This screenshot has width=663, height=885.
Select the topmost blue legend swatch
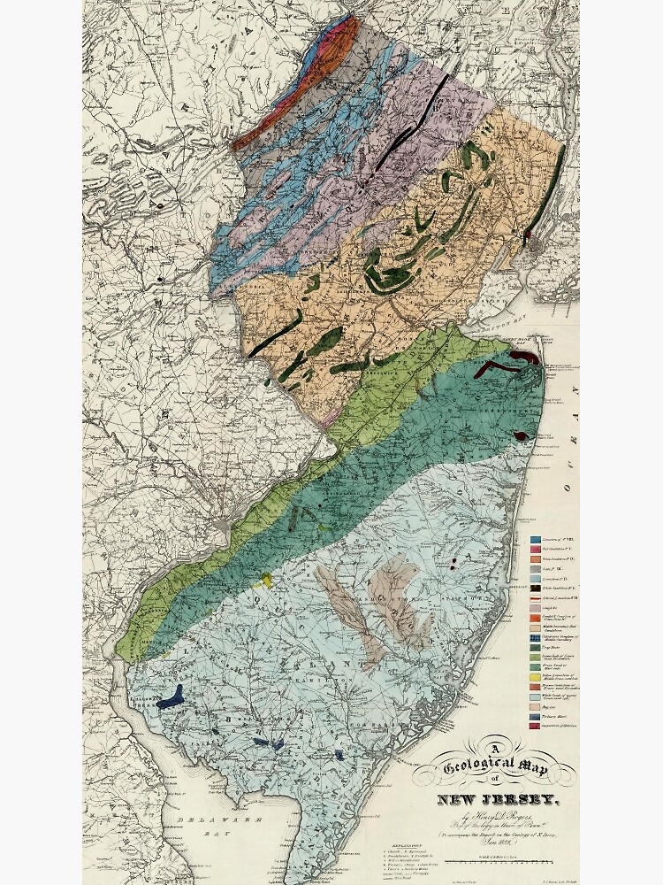pyautogui.click(x=536, y=538)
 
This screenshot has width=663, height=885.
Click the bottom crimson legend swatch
pyautogui.click(x=536, y=726)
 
